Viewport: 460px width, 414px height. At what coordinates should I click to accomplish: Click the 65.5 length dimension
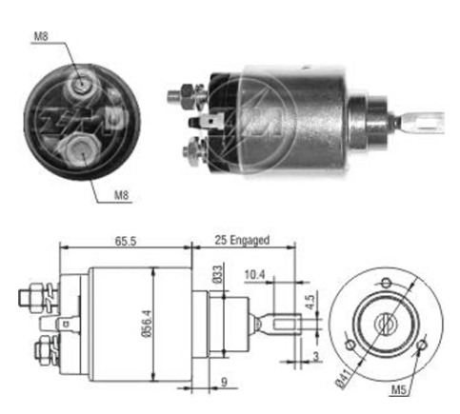coord(126,241)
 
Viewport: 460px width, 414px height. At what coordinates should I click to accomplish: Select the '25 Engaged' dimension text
coord(242,240)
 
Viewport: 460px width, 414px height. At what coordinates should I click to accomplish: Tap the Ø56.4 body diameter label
coord(148,324)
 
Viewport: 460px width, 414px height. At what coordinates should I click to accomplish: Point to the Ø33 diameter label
coord(218,275)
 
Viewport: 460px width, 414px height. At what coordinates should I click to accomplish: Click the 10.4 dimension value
coord(254,275)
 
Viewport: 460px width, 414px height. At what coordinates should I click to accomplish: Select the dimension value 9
coord(224,382)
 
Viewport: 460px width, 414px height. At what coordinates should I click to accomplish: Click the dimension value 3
coord(316,356)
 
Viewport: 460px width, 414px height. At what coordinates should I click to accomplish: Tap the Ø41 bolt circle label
coord(344,378)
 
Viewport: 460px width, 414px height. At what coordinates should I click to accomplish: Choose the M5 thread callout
coord(399,390)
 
